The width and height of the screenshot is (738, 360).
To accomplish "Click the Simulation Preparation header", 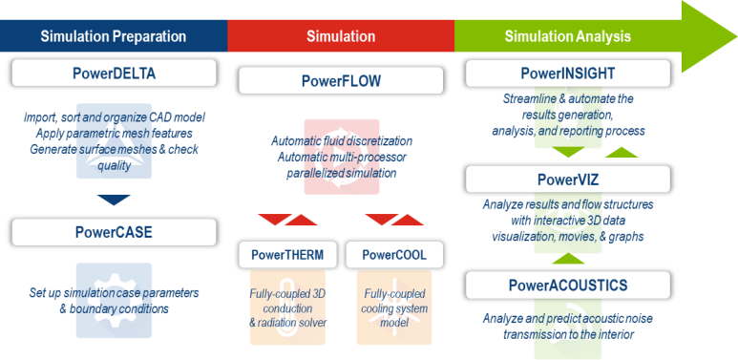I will coord(113,37).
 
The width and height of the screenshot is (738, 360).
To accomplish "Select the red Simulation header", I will coord(340,37).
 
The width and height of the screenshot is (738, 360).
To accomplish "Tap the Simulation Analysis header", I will coord(568,37).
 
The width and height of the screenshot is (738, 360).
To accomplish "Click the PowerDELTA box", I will coord(113,74).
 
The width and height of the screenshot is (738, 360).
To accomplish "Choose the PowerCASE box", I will coord(113,231).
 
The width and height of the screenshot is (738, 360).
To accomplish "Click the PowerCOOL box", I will coord(394,255).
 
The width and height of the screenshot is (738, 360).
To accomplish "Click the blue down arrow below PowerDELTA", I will coord(113,199).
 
